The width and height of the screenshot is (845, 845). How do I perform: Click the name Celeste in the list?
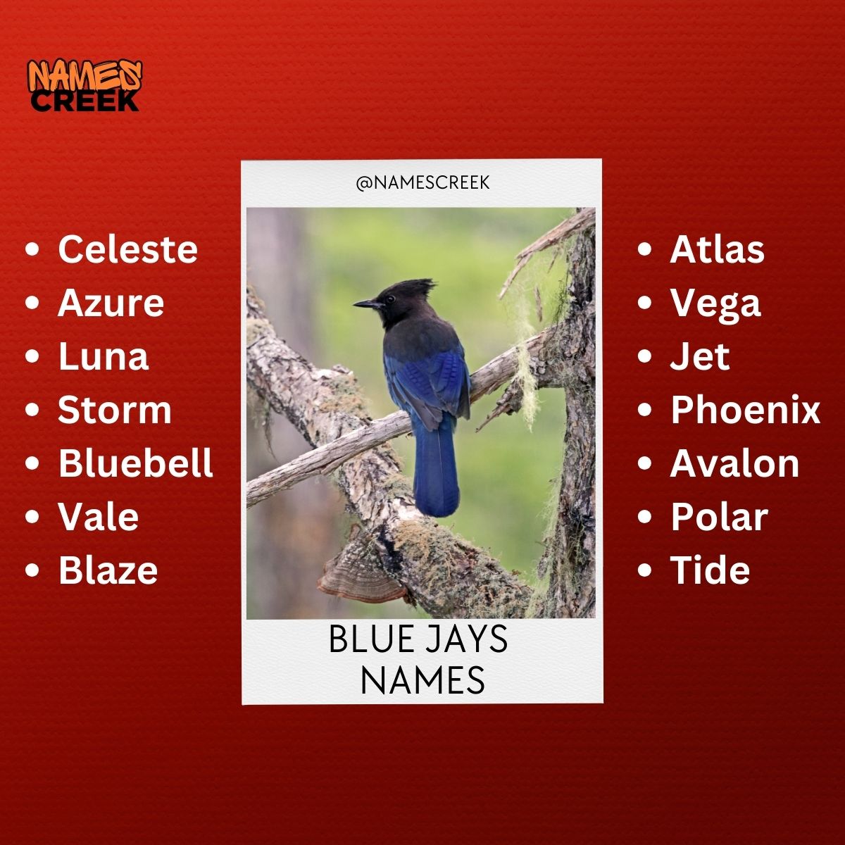click(127, 249)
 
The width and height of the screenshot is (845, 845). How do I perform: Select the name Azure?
click(111, 303)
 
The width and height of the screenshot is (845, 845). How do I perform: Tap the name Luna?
click(103, 356)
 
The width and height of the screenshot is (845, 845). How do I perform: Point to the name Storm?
click(114, 410)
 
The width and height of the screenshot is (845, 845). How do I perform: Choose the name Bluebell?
click(135, 463)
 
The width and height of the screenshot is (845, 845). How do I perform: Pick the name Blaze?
click(108, 570)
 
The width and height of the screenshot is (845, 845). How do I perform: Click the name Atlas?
click(717, 249)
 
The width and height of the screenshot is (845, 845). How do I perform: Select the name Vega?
click(715, 303)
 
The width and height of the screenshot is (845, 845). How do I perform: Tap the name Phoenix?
click(745, 410)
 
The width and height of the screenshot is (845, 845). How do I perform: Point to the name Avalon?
click(734, 463)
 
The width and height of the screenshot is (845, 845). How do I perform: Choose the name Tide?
click(710, 570)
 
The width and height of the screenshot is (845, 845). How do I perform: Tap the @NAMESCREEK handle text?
click(423, 183)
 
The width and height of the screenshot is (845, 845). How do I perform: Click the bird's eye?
click(388, 299)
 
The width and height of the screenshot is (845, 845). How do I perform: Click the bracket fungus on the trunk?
click(359, 577)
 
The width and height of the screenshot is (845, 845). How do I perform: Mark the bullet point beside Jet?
click(644, 356)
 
